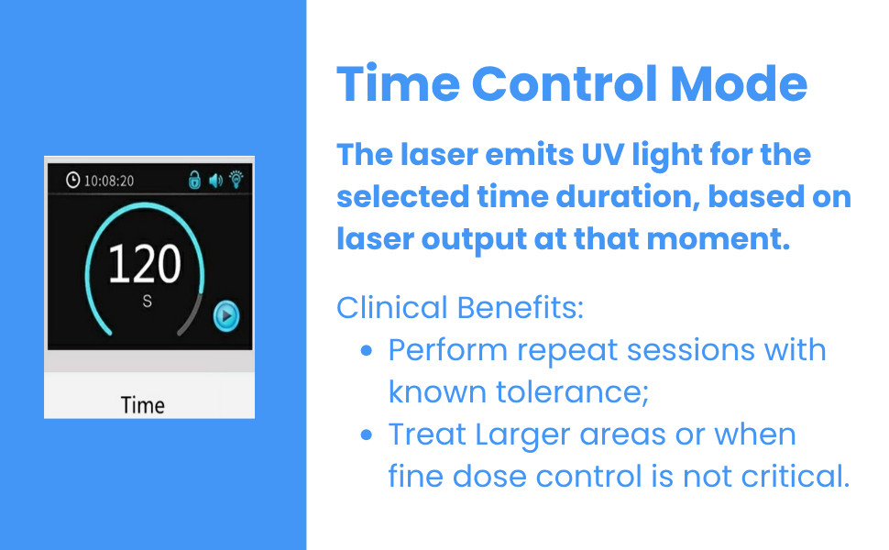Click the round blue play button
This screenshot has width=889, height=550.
coord(226,316)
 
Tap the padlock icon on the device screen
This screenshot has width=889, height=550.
coord(194,180)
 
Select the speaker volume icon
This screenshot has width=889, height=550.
coord(215,181)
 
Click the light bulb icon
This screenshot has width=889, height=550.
coord(236,179)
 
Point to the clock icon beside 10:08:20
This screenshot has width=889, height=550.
coord(73,181)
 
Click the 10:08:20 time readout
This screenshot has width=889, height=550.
coord(109,181)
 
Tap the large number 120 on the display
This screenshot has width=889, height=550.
coord(145,264)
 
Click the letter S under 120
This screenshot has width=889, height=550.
coord(147,301)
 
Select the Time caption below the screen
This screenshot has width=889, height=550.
coord(143,405)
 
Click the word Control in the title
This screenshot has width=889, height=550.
coord(565,84)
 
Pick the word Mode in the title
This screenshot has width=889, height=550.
coord(739,84)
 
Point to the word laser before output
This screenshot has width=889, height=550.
coord(374,238)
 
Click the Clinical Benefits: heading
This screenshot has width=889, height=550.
coord(460,308)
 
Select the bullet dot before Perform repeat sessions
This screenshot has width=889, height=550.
coord(367,351)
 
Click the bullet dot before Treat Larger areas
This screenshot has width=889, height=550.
coord(367,434)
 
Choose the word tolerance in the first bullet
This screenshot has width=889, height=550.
coord(572,392)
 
